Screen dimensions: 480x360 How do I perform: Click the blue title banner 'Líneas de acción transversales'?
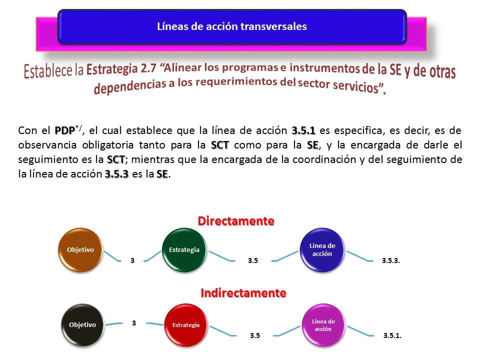click(x=232, y=26)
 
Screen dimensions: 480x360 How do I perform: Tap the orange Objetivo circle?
click(x=80, y=250)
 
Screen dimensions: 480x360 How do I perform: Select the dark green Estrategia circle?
click(x=184, y=250)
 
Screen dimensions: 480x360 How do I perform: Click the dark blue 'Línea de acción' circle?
click(x=322, y=250)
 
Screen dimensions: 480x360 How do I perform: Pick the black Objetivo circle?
click(x=82, y=325)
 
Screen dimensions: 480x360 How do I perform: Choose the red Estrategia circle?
click(x=186, y=325)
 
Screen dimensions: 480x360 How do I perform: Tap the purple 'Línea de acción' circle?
click(x=323, y=325)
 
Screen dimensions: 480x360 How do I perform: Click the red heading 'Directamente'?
click(x=236, y=221)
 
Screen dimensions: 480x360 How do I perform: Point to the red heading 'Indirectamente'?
click(x=243, y=293)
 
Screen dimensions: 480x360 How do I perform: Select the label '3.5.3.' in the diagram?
click(x=391, y=261)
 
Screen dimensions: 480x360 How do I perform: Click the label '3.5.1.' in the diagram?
click(x=392, y=336)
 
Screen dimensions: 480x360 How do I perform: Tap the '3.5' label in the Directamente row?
click(x=253, y=261)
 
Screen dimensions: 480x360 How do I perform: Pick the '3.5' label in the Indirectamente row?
click(x=254, y=336)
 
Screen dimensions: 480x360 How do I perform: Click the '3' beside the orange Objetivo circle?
click(x=132, y=261)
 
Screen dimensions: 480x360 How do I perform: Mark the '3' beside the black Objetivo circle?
click(x=134, y=323)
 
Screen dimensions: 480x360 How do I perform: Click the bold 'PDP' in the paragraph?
click(x=65, y=130)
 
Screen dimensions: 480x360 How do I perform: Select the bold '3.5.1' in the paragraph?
click(x=303, y=130)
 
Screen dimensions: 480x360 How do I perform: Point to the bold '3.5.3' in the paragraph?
click(x=116, y=174)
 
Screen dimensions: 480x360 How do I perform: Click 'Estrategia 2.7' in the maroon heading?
click(x=121, y=68)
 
